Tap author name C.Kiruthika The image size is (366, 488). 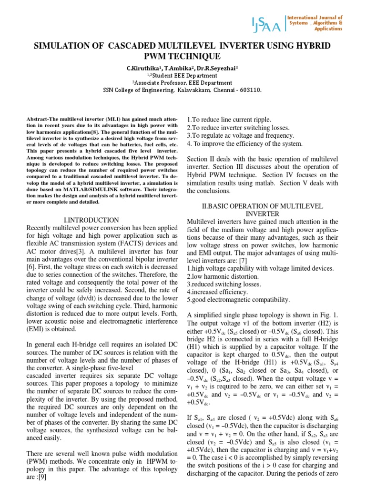click(144, 68)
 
